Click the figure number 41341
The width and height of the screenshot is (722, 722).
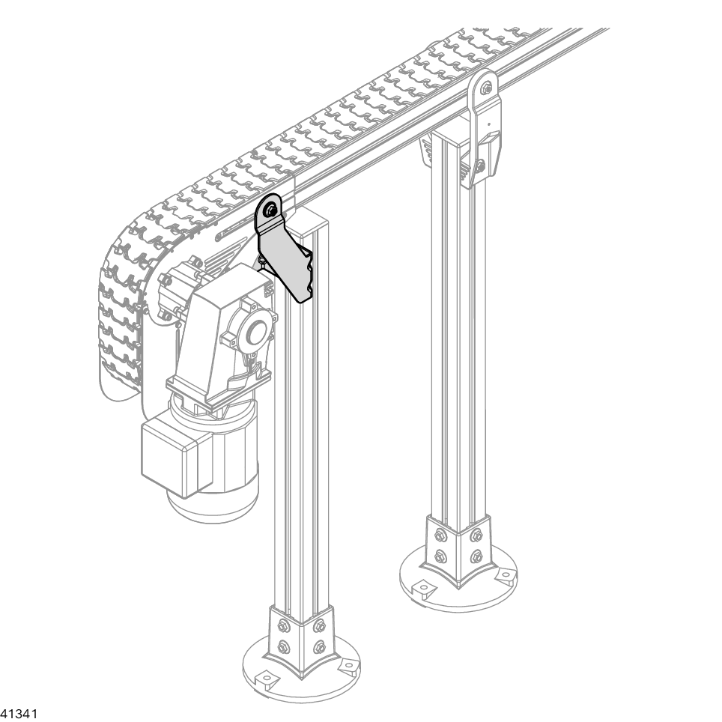pyautogui.click(x=19, y=714)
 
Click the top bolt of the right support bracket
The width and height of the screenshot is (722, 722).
pyautogui.click(x=487, y=87)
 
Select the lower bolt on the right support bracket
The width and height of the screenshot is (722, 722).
pyautogui.click(x=481, y=166)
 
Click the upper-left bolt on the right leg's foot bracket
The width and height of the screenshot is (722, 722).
pyautogui.click(x=439, y=536)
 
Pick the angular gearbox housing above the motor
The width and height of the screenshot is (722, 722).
pyautogui.click(x=216, y=332)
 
